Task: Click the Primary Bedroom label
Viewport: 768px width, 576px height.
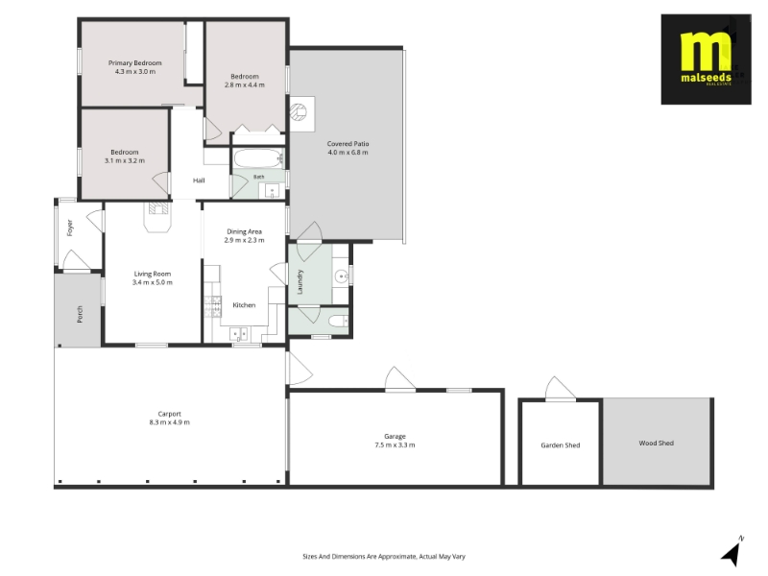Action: click(134, 63)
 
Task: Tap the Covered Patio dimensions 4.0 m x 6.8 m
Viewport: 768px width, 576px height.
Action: click(348, 153)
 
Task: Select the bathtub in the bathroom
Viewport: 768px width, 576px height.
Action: click(258, 158)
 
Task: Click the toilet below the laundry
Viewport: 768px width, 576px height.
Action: click(338, 322)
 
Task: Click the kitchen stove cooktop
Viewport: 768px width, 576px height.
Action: click(212, 307)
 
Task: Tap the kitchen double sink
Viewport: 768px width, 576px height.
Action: click(238, 334)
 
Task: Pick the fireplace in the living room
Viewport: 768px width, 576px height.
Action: click(157, 216)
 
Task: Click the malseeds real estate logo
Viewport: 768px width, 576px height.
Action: click(706, 60)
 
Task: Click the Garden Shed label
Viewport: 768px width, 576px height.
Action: click(561, 445)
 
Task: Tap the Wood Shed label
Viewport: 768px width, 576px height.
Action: click(657, 444)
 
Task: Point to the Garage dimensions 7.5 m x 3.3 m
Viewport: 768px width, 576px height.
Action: click(395, 445)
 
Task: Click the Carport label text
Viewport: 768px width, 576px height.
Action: click(170, 414)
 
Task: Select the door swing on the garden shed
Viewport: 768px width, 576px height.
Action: click(561, 389)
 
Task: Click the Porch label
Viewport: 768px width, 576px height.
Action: click(80, 315)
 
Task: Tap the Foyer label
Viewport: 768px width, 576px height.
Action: click(70, 228)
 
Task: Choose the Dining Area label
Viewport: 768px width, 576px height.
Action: click(244, 231)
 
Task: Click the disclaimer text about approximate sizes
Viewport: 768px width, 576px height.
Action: click(384, 557)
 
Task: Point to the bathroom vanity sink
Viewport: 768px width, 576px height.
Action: click(272, 190)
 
